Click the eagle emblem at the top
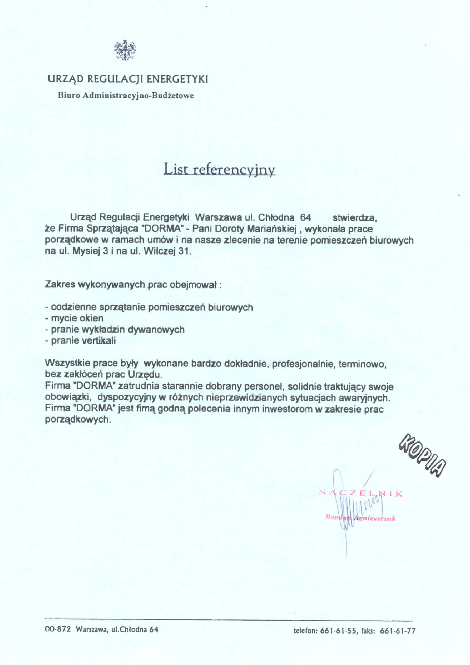tap(125, 50)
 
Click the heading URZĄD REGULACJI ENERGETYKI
tap(128, 79)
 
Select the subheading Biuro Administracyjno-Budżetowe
tap(126, 96)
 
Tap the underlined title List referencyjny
tap(219, 170)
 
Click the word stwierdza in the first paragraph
tap(354, 217)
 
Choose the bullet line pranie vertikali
tap(80, 341)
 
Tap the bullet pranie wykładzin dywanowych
tap(115, 330)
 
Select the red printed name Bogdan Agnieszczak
tap(361, 518)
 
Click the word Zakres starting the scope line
tap(60, 284)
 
